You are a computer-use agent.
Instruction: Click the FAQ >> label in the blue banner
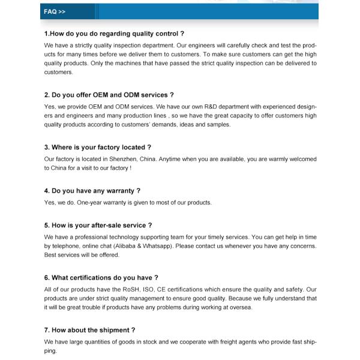coord(55,11)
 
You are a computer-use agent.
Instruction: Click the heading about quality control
coord(114,34)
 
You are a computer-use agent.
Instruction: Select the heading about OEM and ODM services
coord(109,95)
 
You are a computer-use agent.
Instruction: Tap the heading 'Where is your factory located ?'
coord(97,147)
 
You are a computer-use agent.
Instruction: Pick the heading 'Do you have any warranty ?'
coord(92,191)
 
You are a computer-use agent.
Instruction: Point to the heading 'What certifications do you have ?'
coord(101,278)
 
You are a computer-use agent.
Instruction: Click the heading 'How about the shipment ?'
coord(89,330)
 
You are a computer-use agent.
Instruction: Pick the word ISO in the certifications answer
coord(145,290)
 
